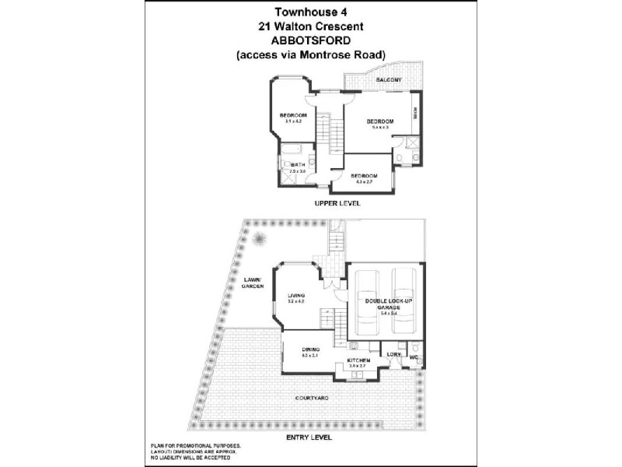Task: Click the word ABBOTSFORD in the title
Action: (311, 40)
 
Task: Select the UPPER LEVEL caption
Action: (337, 203)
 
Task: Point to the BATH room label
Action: (299, 165)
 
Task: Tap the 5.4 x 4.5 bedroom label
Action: (380, 123)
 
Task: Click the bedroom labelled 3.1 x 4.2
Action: (293, 118)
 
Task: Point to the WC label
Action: (414, 358)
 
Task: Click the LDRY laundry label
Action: (394, 354)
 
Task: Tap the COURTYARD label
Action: (311, 398)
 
